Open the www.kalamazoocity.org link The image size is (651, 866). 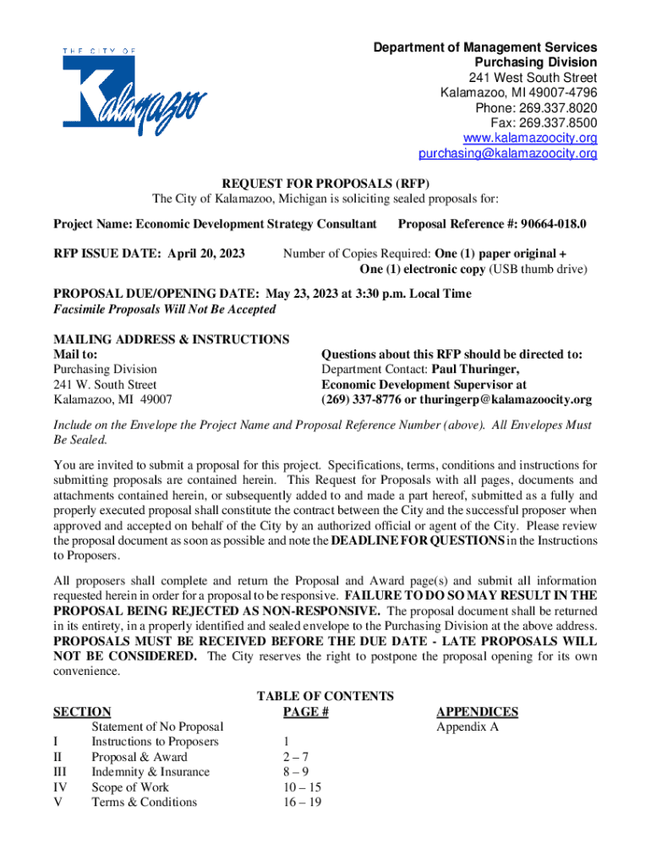coord(530,138)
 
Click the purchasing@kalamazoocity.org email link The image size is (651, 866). coord(507,154)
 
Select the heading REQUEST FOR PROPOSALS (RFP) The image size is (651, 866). coord(325,184)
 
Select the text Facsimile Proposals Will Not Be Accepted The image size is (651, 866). coord(165,310)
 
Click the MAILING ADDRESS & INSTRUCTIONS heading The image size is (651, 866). coord(172,339)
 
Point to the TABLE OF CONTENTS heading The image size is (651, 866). coord(325,696)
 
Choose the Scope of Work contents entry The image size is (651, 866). coord(130,787)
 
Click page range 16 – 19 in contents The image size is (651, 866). coord(303,803)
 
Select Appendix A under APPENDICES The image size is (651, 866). coord(467,727)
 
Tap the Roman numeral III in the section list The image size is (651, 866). coord(60,772)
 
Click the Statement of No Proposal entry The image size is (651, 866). coord(157,727)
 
